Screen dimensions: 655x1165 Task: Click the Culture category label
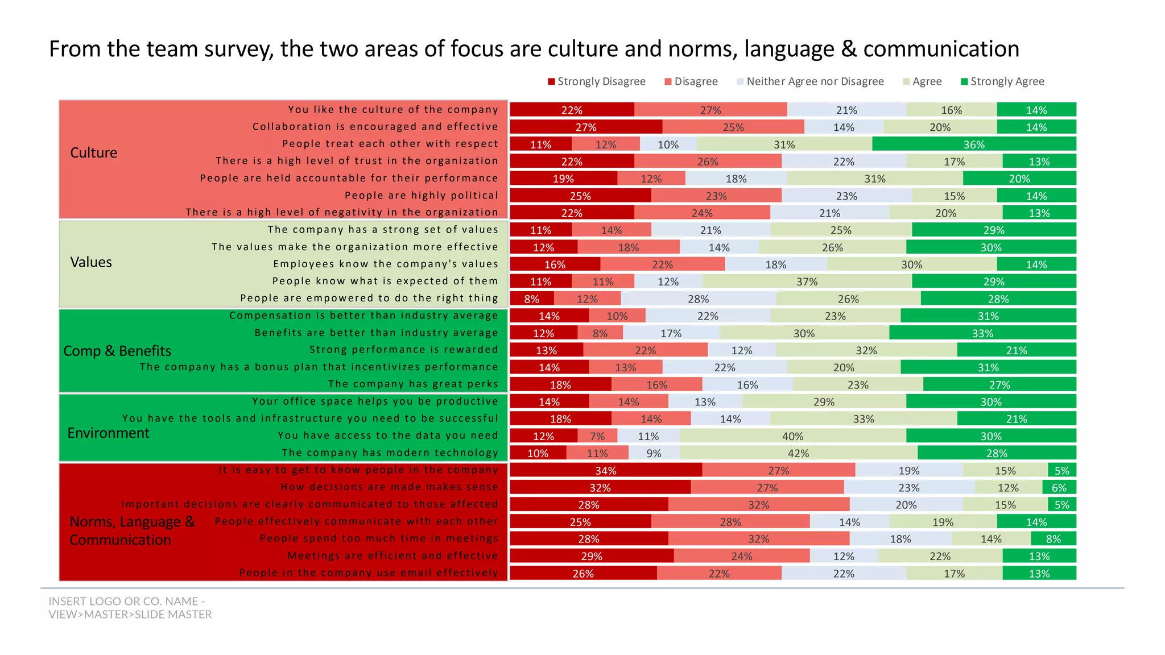93,152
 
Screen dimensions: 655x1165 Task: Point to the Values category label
91,262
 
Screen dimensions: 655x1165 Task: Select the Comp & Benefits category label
117,351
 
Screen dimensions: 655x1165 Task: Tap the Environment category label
108,433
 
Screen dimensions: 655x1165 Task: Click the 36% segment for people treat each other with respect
974,144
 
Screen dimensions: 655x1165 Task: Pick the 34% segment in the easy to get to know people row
606,470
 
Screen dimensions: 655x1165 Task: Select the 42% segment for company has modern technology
798,453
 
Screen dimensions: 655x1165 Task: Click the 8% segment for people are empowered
532,299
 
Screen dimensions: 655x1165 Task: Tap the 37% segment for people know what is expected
807,281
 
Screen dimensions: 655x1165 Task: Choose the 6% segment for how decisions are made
1059,487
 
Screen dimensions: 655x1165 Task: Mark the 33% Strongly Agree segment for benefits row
982,333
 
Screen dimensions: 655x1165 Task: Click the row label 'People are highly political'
421,195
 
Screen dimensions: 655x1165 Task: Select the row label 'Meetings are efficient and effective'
393,555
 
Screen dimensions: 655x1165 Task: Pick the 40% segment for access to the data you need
792,436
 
